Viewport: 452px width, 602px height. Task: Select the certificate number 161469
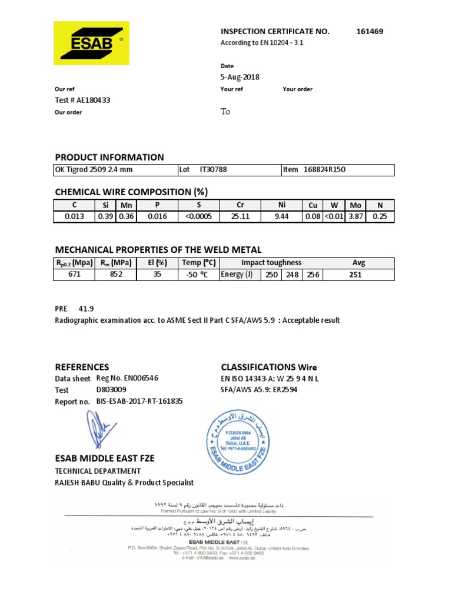pyautogui.click(x=370, y=31)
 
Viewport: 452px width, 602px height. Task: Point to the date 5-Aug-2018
pyautogui.click(x=240, y=77)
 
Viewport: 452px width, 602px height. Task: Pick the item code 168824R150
pyautogui.click(x=324, y=170)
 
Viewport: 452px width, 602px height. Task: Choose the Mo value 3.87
pyautogui.click(x=355, y=216)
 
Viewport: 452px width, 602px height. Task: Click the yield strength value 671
pyautogui.click(x=74, y=275)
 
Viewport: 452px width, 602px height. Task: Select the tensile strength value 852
pyautogui.click(x=116, y=275)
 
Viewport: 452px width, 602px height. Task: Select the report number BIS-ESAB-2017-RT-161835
pyautogui.click(x=139, y=402)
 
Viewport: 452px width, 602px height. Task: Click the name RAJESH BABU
pyautogui.click(x=78, y=483)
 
